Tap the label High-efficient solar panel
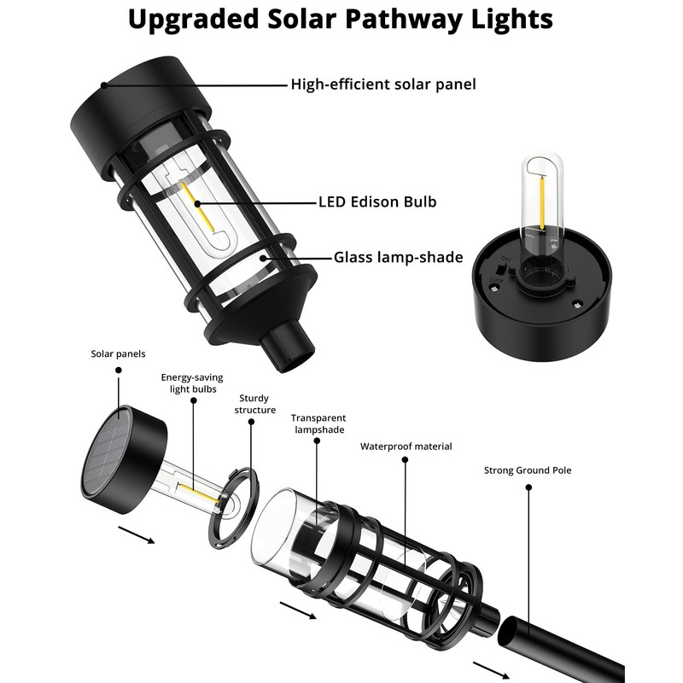pyautogui.click(x=383, y=84)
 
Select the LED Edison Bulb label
pyautogui.click(x=377, y=202)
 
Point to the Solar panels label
pyautogui.click(x=119, y=353)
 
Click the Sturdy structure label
pyautogui.click(x=257, y=404)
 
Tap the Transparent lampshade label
pyautogui.click(x=318, y=423)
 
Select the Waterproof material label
pyautogui.click(x=406, y=446)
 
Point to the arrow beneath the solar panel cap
pyautogui.click(x=136, y=534)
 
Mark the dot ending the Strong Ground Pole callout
pyautogui.click(x=528, y=487)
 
